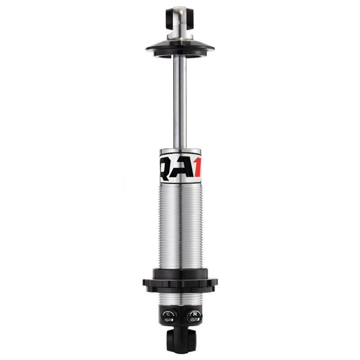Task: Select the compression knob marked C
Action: click(169, 316)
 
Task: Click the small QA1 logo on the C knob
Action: click(169, 320)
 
